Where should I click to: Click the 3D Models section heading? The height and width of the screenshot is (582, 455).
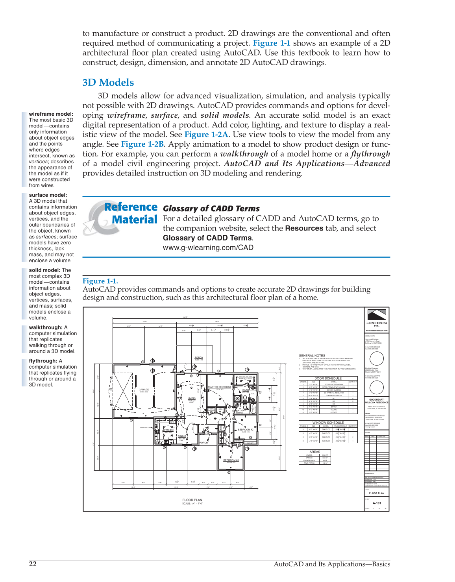click(108, 83)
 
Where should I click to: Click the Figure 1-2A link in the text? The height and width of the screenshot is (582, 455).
click(206, 135)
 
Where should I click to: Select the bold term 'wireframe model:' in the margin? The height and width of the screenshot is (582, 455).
click(51, 114)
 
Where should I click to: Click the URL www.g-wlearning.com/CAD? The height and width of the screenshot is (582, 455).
click(208, 248)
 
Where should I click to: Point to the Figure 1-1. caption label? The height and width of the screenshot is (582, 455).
click(100, 281)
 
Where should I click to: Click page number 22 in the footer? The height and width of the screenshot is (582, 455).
click(33, 564)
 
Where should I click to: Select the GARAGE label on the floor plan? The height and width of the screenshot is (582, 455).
click(144, 390)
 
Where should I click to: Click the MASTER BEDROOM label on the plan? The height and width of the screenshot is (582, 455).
click(219, 387)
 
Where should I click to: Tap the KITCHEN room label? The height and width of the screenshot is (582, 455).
click(168, 430)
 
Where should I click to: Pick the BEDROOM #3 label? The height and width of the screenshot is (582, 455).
click(231, 460)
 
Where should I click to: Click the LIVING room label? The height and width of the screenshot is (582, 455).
click(191, 398)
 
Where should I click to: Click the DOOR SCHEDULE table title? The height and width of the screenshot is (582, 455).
click(328, 378)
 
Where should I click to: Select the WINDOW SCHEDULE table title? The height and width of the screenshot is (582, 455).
click(328, 423)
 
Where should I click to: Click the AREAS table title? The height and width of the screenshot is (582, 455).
click(315, 452)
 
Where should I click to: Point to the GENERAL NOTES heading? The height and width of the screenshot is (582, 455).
click(312, 355)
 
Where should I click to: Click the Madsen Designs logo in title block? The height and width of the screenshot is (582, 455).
click(376, 315)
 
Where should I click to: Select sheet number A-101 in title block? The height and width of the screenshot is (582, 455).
click(377, 503)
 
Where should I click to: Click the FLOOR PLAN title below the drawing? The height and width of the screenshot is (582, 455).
click(192, 500)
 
